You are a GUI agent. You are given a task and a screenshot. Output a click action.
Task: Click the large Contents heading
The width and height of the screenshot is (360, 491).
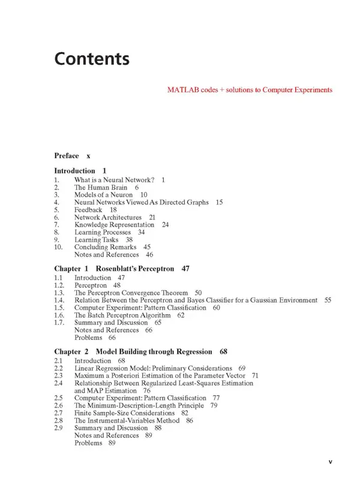(92, 59)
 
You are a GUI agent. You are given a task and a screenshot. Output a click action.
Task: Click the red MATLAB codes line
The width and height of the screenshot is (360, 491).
(249, 90)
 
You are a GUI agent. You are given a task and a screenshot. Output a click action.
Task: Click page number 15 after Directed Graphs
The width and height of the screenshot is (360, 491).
(219, 202)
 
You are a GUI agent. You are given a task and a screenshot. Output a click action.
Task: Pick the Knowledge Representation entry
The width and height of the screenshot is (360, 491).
(113, 225)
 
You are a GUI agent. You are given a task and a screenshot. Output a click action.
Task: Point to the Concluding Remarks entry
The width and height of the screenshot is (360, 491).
(104, 247)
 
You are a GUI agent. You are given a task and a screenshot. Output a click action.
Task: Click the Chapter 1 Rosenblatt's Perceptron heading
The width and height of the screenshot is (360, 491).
(122, 269)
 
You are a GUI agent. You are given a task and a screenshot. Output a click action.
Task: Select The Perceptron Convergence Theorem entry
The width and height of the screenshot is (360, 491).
(130, 293)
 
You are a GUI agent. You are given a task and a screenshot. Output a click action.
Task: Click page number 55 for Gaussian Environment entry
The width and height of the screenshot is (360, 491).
(328, 300)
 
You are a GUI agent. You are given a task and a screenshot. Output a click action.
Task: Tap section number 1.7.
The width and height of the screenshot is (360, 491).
(59, 323)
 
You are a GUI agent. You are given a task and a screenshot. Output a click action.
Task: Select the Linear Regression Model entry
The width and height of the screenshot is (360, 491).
(152, 368)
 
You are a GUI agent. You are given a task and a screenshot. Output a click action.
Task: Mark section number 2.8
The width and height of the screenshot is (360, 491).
(58, 420)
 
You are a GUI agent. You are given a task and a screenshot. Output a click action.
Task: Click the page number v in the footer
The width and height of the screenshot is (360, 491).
(330, 462)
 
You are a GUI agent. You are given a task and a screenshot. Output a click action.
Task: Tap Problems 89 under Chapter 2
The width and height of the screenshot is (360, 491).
(95, 443)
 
